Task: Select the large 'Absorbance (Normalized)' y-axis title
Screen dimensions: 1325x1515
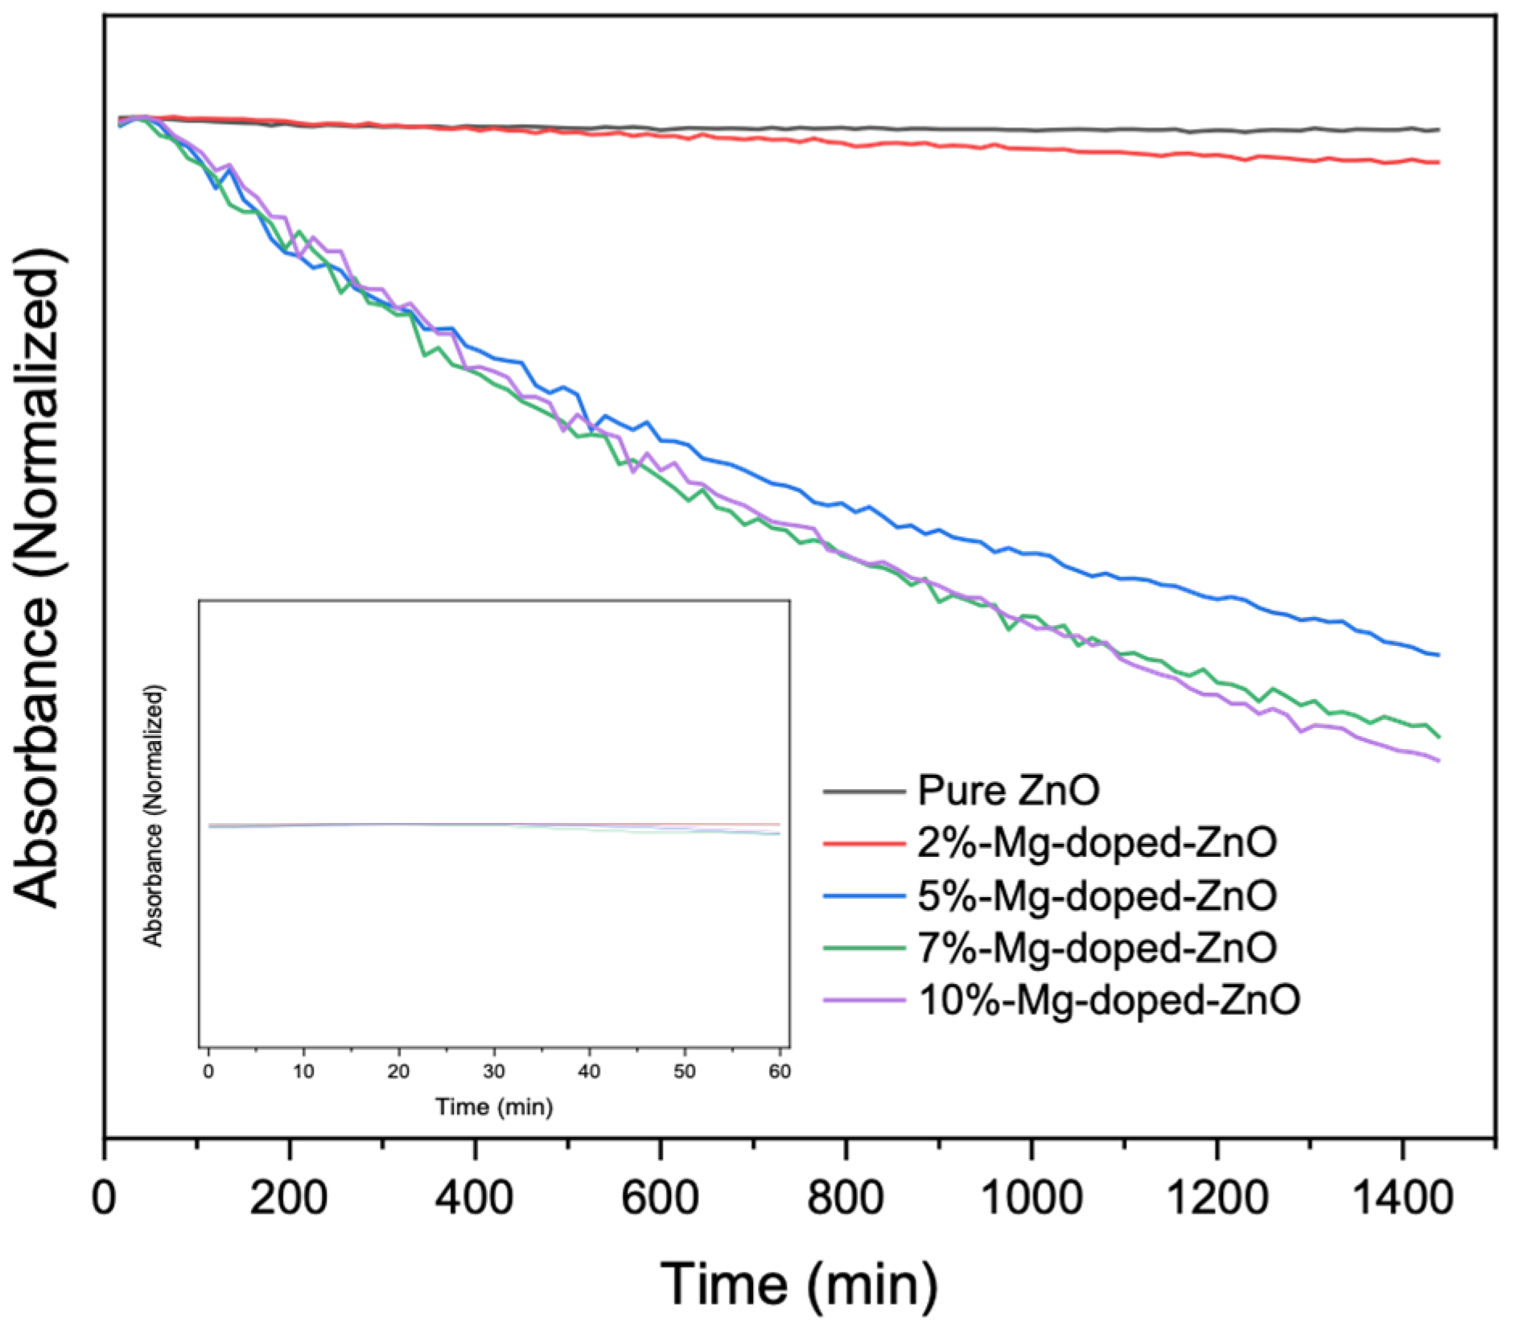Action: coord(39,577)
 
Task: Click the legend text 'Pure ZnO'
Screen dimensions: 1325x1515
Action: coord(1008,791)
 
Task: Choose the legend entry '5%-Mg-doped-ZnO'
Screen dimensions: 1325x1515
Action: coord(1097,895)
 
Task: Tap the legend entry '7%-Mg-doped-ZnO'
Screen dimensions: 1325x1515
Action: coord(1097,948)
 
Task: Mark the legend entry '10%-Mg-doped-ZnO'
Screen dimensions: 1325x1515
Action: coord(1109,1001)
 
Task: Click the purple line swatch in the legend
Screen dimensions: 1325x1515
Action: coord(864,1000)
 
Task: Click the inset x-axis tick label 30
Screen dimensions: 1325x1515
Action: coord(494,1072)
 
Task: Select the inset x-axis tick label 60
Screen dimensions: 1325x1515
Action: coord(779,1072)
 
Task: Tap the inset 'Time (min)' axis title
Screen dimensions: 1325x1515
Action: coord(494,1107)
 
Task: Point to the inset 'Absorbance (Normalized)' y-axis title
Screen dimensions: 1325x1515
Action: coord(153,816)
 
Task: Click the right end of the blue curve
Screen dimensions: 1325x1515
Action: coord(1438,655)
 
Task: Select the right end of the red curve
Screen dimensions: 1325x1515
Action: coord(1438,163)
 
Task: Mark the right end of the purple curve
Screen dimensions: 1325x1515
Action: coord(1438,760)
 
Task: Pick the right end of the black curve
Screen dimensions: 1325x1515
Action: coord(1438,130)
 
